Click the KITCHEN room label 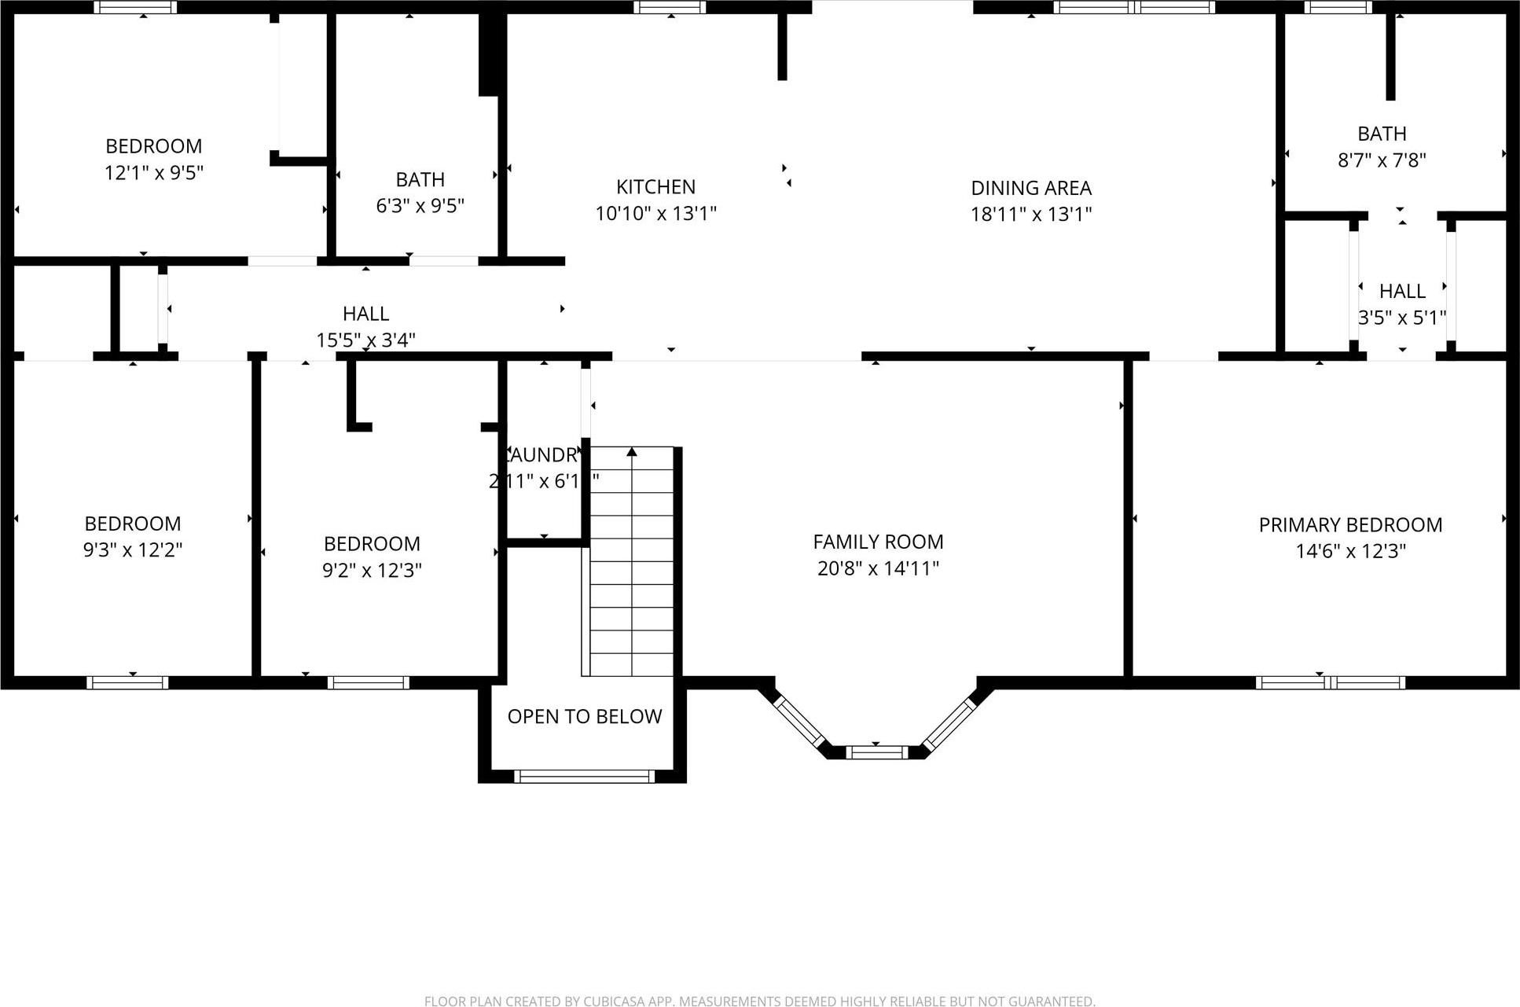[x=655, y=187]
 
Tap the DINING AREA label [x=1030, y=188]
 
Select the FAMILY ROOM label [x=878, y=542]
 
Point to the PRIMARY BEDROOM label [x=1350, y=525]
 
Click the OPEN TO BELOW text [x=584, y=716]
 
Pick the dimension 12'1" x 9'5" [x=154, y=172]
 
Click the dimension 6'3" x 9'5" [x=420, y=206]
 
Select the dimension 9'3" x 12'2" [x=133, y=549]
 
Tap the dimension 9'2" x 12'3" [x=372, y=570]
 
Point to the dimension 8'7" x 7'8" [x=1382, y=160]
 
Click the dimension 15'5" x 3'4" [x=365, y=340]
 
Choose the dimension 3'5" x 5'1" [x=1402, y=318]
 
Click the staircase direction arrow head [x=632, y=452]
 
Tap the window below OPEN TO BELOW [x=584, y=777]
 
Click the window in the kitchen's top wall [x=670, y=7]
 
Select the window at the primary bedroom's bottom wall [x=1330, y=682]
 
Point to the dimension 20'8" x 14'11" [x=878, y=568]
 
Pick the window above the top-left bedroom [x=135, y=7]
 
